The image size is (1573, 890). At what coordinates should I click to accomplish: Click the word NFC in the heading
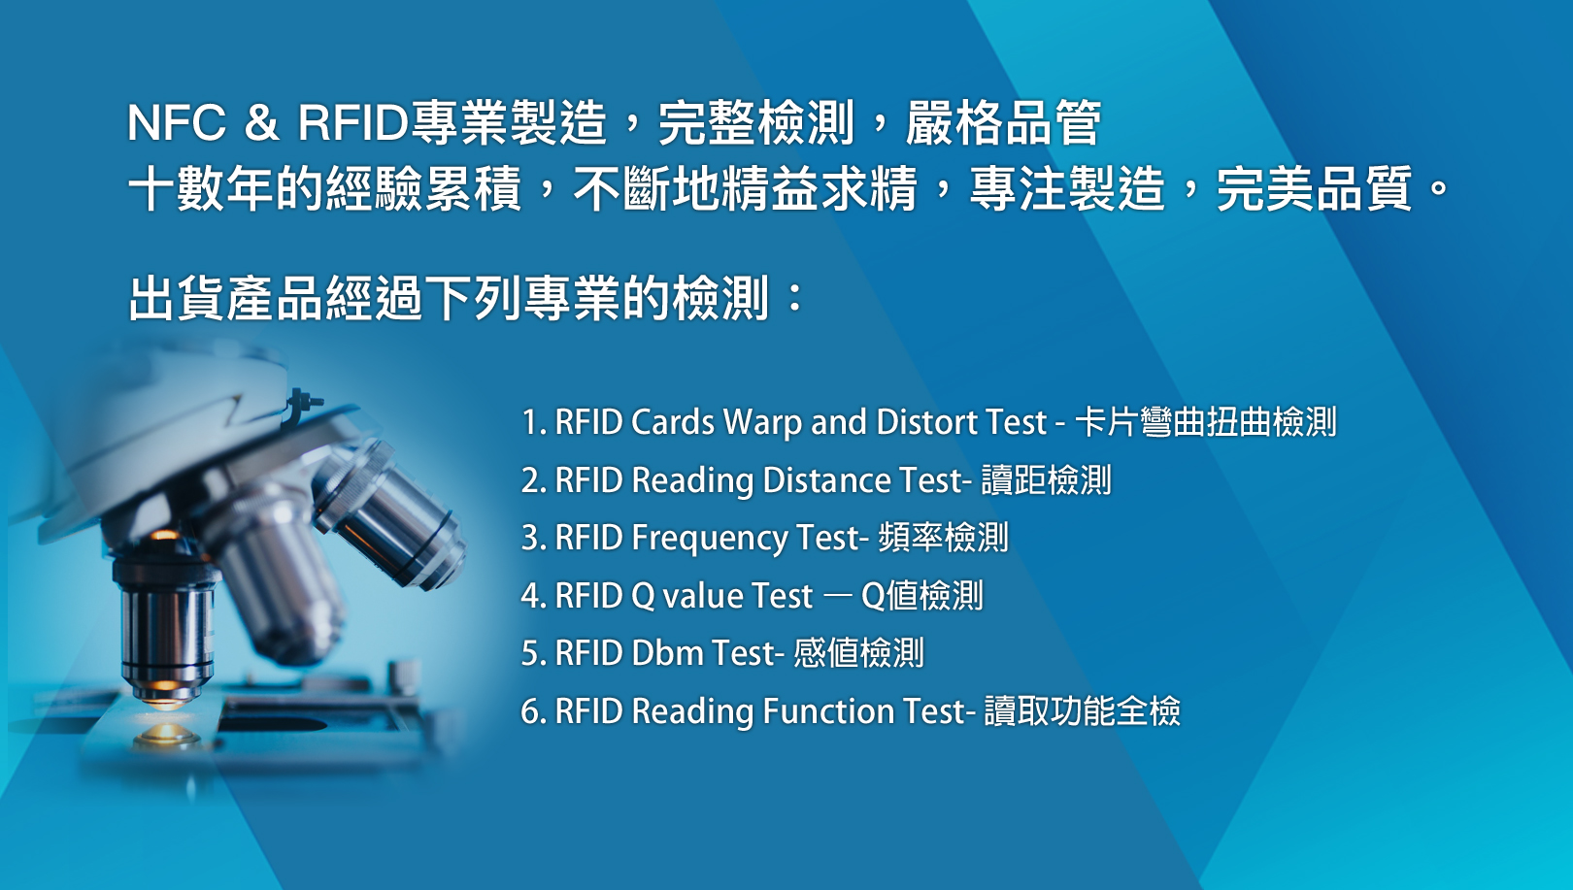pyautogui.click(x=177, y=123)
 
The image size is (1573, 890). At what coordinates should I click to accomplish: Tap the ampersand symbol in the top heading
pyautogui.click(x=260, y=123)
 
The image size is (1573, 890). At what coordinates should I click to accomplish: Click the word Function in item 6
pyautogui.click(x=828, y=711)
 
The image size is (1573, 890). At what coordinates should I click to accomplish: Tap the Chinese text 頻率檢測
pyautogui.click(x=943, y=539)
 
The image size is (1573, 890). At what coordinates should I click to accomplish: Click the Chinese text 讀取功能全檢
pyautogui.click(x=1082, y=710)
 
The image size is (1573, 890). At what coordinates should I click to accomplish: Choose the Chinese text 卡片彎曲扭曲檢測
pyautogui.click(x=1206, y=422)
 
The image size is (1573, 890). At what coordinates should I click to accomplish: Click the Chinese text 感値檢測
pyautogui.click(x=858, y=653)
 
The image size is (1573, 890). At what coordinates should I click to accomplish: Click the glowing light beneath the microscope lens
pyautogui.click(x=166, y=734)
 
